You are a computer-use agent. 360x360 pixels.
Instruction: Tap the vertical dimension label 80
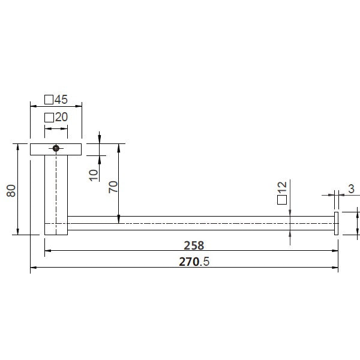point(10,191)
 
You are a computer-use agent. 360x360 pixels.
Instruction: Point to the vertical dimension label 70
point(112,188)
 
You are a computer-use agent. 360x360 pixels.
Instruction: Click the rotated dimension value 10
point(92,175)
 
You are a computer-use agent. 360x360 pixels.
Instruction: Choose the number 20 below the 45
point(61,118)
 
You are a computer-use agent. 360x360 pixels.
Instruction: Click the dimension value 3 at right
point(350,190)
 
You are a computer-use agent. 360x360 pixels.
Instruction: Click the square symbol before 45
point(49,100)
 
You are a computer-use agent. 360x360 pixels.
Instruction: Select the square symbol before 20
point(49,118)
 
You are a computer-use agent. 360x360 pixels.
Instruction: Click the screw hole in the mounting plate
point(56,148)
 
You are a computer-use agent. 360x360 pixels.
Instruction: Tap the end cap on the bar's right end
point(337,224)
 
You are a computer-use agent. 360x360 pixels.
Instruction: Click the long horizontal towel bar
point(198,225)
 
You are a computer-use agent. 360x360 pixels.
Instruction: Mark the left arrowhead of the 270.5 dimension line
point(32,268)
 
